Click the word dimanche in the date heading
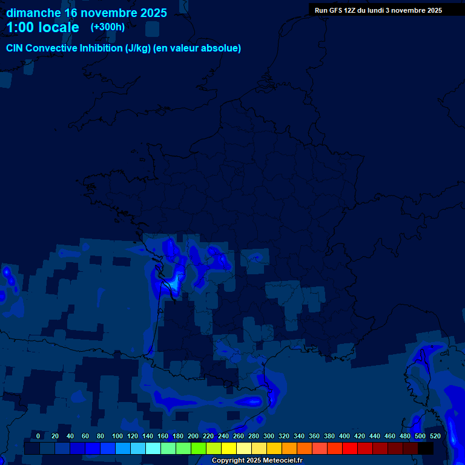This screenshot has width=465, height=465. [x=33, y=13]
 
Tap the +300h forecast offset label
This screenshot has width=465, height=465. [x=108, y=27]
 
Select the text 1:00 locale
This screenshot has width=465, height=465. [x=42, y=27]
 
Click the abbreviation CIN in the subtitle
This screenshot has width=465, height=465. [x=15, y=48]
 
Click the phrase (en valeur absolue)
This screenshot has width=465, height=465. [x=197, y=48]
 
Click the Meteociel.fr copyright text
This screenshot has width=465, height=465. [x=257, y=461]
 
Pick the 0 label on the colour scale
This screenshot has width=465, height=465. [x=38, y=436]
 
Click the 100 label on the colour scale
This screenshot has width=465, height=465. [x=117, y=436]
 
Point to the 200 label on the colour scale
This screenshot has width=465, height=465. [x=193, y=436]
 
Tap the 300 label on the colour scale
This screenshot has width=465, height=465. [x=269, y=436]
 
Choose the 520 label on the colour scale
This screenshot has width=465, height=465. [x=435, y=436]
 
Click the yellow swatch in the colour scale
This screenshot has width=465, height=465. [x=228, y=448]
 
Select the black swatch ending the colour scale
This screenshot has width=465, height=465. [x=425, y=448]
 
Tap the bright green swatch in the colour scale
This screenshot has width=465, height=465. [x=198, y=448]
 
